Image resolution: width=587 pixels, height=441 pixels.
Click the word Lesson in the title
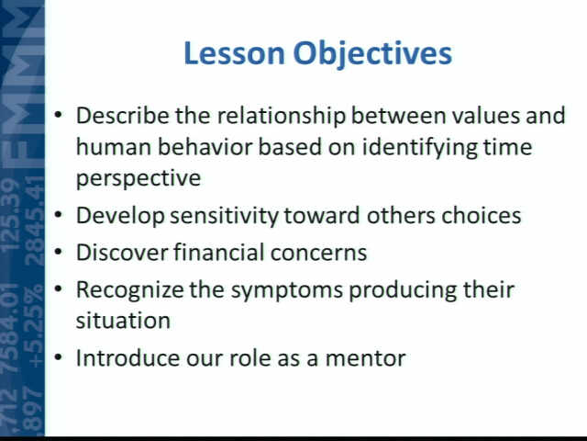pyautogui.click(x=235, y=53)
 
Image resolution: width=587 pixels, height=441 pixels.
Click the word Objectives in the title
pyautogui.click(x=373, y=55)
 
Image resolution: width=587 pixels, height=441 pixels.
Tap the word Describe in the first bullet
pyautogui.click(x=122, y=115)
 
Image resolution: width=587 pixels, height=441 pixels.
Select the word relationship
pyautogui.click(x=282, y=116)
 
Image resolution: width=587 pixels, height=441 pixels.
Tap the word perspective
pyautogui.click(x=138, y=178)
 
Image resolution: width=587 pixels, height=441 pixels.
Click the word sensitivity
pyautogui.click(x=224, y=217)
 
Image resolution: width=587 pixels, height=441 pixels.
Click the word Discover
pyautogui.click(x=122, y=252)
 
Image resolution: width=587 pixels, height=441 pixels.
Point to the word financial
pyautogui.click(x=219, y=252)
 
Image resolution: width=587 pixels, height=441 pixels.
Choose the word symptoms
pyautogui.click(x=287, y=291)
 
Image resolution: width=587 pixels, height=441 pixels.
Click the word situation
pyautogui.click(x=123, y=321)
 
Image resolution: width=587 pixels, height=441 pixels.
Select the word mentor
pyautogui.click(x=365, y=359)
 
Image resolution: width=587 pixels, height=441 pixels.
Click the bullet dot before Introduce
pyautogui.click(x=58, y=357)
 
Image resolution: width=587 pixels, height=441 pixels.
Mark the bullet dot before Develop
pyautogui.click(x=58, y=215)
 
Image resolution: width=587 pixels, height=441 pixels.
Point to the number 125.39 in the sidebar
pyautogui.click(x=10, y=214)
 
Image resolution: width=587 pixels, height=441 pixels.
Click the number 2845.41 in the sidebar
pyautogui.click(x=35, y=221)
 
